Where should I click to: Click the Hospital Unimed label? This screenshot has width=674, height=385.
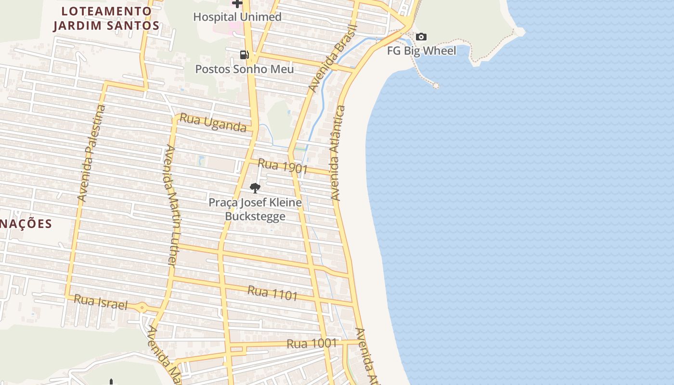(237, 17)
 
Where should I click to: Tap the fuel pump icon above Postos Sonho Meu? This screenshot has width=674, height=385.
(245, 55)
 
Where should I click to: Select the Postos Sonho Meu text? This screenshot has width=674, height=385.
(244, 69)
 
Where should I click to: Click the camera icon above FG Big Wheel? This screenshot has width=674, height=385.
(421, 37)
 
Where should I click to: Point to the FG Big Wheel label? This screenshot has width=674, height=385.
(422, 51)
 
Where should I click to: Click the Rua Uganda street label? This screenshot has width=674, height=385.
(213, 123)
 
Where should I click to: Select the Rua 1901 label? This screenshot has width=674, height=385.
(283, 166)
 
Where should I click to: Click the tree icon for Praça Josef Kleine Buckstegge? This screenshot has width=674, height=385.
(255, 188)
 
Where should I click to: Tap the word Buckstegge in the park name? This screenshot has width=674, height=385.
(255, 217)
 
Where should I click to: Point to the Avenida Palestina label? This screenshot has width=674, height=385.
(91, 153)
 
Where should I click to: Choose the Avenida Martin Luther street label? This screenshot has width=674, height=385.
(170, 205)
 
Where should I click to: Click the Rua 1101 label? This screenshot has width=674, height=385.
(272, 293)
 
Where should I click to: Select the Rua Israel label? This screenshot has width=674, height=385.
(101, 302)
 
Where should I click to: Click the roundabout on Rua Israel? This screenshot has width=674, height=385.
(142, 307)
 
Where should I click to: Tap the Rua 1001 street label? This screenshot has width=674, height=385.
(311, 344)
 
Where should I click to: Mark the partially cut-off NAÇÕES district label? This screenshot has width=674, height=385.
(26, 224)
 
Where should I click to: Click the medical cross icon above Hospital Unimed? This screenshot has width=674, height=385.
(237, 3)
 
